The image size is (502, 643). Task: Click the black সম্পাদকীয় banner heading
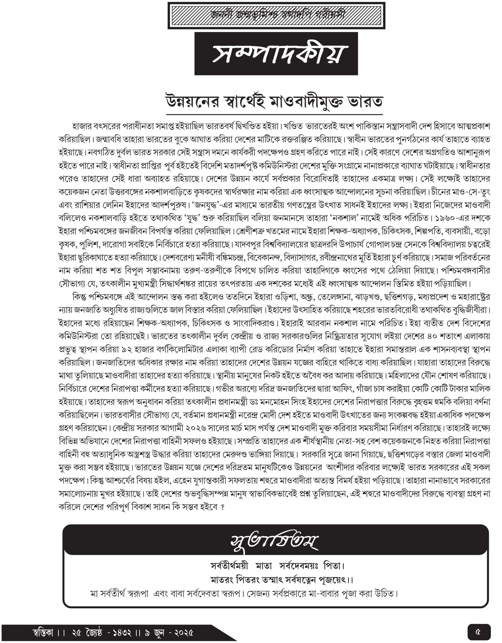click(x=276, y=54)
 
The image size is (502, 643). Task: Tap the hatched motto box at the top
click(x=276, y=16)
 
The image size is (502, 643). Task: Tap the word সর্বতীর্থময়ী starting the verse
click(x=229, y=566)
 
